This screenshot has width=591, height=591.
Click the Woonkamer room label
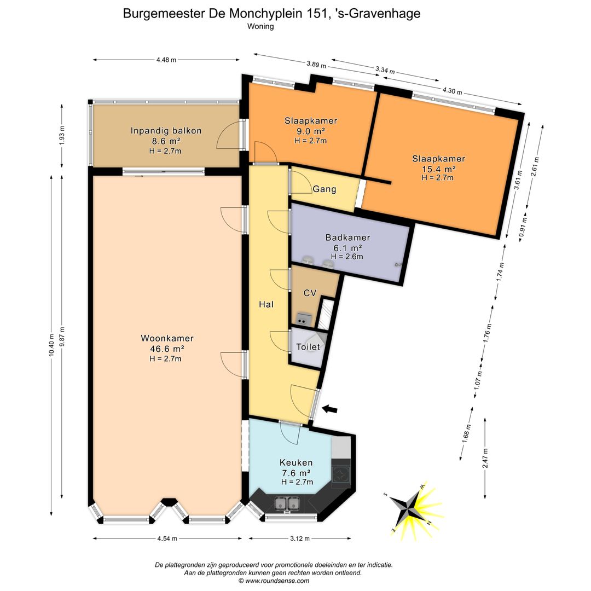pyautogui.click(x=167, y=338)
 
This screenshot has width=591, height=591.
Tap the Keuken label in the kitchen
pyautogui.click(x=296, y=462)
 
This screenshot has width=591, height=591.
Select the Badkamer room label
pyautogui.click(x=347, y=237)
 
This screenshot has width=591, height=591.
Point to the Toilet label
pyautogui.click(x=308, y=347)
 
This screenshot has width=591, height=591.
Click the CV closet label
pyautogui.click(x=310, y=293)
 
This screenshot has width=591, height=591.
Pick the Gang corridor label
pyautogui.click(x=324, y=189)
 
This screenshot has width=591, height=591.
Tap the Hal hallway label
pyautogui.click(x=266, y=304)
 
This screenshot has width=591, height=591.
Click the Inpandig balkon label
pyautogui.click(x=166, y=131)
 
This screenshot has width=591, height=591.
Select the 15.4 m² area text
pyautogui.click(x=438, y=169)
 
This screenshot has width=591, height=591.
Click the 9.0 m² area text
pyautogui.click(x=310, y=131)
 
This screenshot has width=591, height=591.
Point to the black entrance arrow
pyautogui.click(x=330, y=409)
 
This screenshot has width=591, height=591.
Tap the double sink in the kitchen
pyautogui.click(x=287, y=503)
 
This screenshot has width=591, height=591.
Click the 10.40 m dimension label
pyautogui.click(x=51, y=345)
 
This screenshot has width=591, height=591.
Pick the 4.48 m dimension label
pyautogui.click(x=166, y=60)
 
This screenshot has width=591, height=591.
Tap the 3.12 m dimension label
pyautogui.click(x=300, y=538)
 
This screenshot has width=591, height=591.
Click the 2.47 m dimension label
pyautogui.click(x=485, y=458)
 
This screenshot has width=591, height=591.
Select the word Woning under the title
pyautogui.click(x=260, y=26)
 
